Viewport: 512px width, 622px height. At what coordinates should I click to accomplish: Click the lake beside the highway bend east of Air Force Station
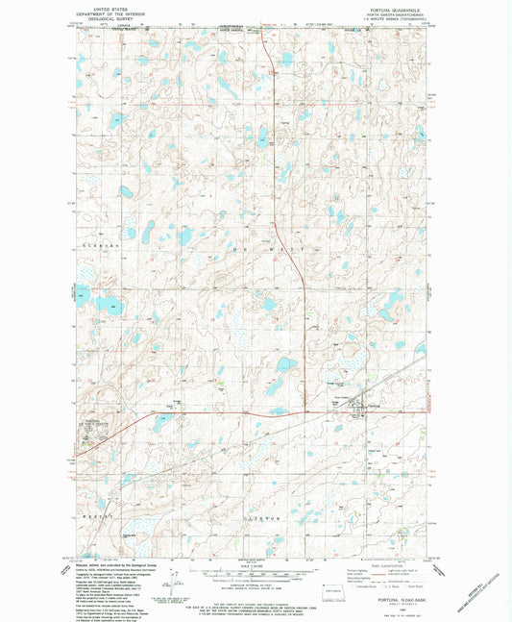(285, 365)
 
